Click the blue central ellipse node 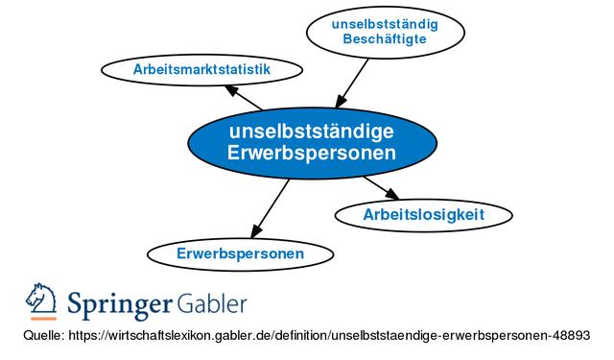tap(312, 142)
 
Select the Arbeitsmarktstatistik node tap(201, 70)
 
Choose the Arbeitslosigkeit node tap(423, 214)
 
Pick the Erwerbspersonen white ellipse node tap(241, 253)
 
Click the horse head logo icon tap(41, 302)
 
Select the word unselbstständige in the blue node tap(312, 131)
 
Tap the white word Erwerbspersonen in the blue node tap(312, 153)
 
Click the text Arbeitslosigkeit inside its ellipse tap(423, 214)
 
